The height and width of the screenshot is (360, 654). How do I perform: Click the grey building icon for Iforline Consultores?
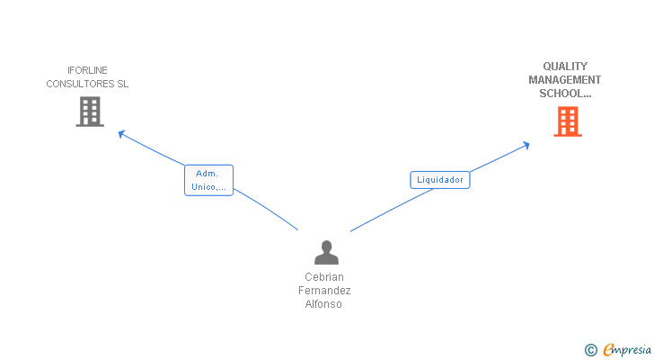pyautogui.click(x=90, y=112)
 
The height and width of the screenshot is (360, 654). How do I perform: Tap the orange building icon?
pyautogui.click(x=568, y=121)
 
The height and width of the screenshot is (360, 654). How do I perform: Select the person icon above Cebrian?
pyautogui.click(x=326, y=253)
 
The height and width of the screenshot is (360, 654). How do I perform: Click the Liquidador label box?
pyautogui.click(x=440, y=179)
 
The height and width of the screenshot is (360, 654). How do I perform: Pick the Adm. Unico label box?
pyautogui.click(x=208, y=180)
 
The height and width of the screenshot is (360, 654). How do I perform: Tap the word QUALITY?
pyautogui.click(x=565, y=66)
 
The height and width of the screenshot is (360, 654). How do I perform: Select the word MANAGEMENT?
pyautogui.click(x=565, y=79)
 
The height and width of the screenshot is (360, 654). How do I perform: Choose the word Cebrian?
pyautogui.click(x=324, y=277)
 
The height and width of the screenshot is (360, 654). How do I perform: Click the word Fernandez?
pyautogui.click(x=324, y=291)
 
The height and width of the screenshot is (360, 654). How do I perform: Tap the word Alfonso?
pyautogui.click(x=324, y=304)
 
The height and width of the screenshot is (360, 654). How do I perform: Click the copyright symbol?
pyautogui.click(x=590, y=350)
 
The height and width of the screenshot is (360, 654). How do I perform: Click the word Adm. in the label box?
pyautogui.click(x=208, y=173)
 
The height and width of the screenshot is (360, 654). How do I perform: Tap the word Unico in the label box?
pyautogui.click(x=204, y=187)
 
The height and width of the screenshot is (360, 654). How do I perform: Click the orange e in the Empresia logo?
pyautogui.click(x=608, y=350)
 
